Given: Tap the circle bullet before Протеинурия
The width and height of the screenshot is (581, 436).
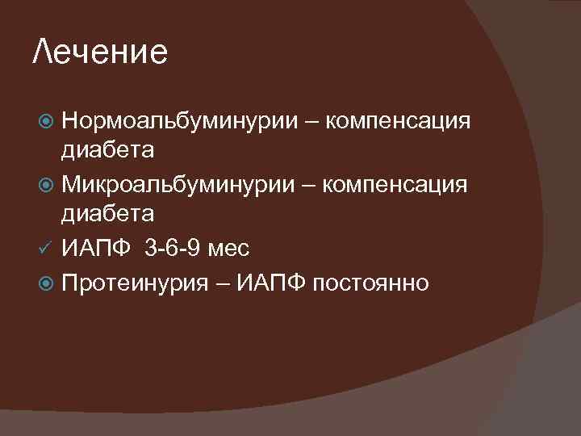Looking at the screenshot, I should [x=46, y=283].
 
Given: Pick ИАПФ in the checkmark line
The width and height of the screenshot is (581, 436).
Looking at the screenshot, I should [x=98, y=248].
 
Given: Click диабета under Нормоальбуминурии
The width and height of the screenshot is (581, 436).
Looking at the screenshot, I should [x=108, y=150].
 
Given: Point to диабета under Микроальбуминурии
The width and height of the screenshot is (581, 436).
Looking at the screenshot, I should [x=108, y=212].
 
